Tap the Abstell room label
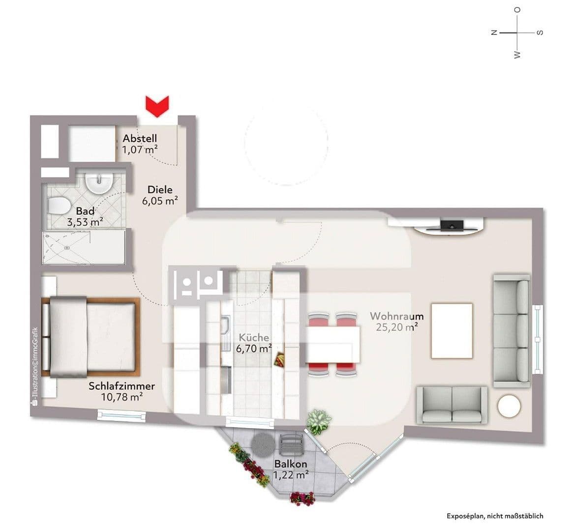click(x=140, y=139)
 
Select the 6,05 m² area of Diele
click(x=160, y=201)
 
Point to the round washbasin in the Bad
click(x=99, y=183)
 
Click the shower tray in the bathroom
click(x=83, y=248)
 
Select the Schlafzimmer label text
click(x=121, y=386)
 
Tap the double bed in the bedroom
click(x=91, y=336)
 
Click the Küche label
click(x=254, y=338)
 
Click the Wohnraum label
click(x=397, y=316)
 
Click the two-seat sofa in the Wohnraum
click(x=452, y=404)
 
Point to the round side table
click(x=509, y=407)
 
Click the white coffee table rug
click(x=452, y=330)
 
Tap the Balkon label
click(x=291, y=464)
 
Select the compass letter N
click(x=494, y=32)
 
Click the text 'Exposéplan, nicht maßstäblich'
click(x=495, y=516)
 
